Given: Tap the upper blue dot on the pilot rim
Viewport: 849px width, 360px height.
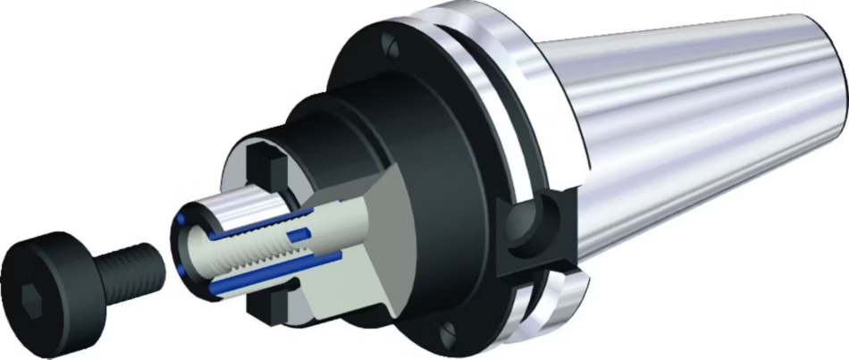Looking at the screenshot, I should point(183,218).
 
